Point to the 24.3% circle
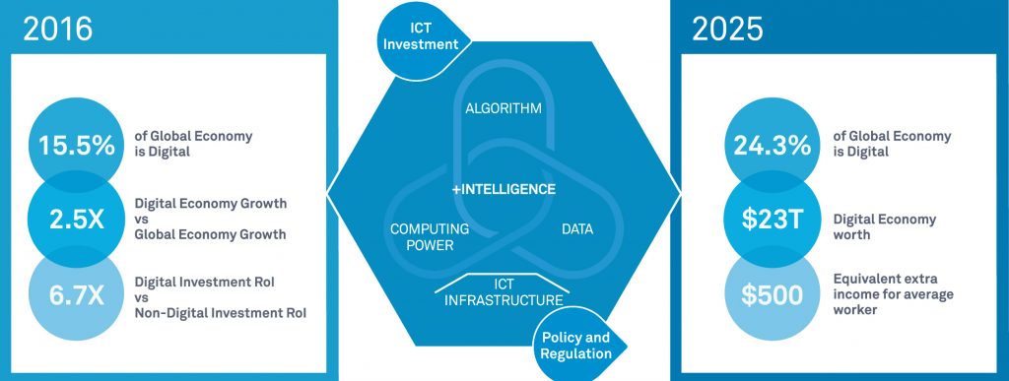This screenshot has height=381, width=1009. (772, 144)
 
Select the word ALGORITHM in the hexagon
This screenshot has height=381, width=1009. (504, 108)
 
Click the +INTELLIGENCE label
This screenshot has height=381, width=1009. (503, 188)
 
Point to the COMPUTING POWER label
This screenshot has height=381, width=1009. (429, 237)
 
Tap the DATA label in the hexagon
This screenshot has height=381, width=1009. (576, 229)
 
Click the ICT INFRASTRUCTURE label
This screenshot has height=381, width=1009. (503, 291)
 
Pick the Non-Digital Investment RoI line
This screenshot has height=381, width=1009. (219, 313)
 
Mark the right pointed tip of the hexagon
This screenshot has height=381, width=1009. (679, 189)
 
